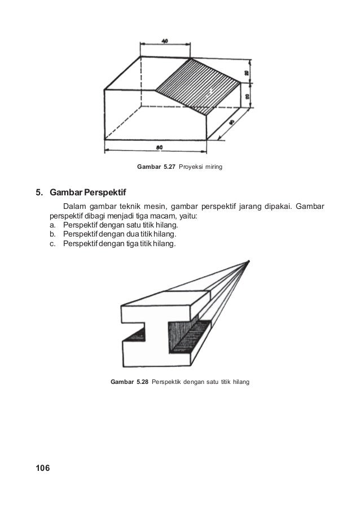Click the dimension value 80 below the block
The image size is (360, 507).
pos(160,147)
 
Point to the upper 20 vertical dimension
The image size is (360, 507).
pos(247,73)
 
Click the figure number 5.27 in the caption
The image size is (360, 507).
pos(168,168)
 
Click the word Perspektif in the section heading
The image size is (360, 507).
pos(106,193)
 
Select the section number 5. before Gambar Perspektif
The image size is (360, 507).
pos(40,193)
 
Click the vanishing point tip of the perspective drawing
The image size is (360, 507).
pos(249,261)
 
